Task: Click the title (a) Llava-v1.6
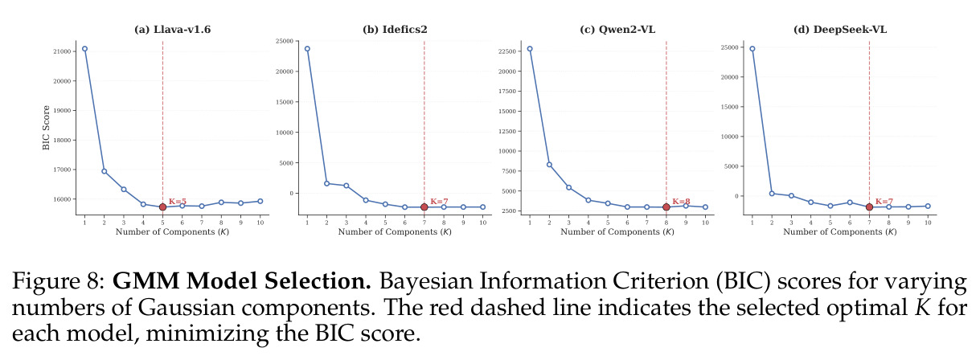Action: [172, 30]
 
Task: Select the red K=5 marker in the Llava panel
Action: [162, 207]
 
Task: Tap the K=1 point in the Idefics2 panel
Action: [307, 48]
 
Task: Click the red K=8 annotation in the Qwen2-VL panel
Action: [681, 201]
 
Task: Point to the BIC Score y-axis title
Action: [46, 128]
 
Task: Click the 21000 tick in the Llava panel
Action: [62, 51]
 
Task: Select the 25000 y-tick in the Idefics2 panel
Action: [285, 41]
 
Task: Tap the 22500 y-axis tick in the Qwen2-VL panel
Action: [507, 51]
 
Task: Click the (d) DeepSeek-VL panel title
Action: [840, 30]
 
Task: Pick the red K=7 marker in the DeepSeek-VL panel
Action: [869, 207]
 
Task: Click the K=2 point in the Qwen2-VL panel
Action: [549, 165]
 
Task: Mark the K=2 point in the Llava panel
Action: [105, 171]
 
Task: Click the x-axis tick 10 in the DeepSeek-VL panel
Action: [928, 223]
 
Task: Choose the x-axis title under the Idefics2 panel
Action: [395, 232]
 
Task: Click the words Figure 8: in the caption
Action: [59, 280]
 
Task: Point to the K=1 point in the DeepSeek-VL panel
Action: [752, 48]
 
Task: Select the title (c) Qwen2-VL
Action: [617, 30]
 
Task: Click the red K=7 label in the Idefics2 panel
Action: [439, 201]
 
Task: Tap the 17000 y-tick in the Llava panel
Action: [62, 170]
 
